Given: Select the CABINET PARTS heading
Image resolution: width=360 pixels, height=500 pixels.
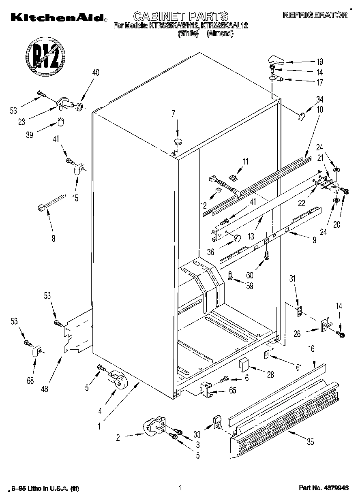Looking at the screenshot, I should (x=181, y=16).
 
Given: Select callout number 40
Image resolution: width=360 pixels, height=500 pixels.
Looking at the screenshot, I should (x=95, y=73).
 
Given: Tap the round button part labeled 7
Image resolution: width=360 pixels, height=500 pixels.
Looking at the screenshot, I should (x=178, y=141).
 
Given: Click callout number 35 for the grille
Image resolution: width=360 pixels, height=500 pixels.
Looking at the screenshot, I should (x=311, y=442).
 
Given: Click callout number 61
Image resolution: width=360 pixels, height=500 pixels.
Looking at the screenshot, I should (x=299, y=368).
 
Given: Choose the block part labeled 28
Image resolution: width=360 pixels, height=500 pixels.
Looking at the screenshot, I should (x=244, y=365).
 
